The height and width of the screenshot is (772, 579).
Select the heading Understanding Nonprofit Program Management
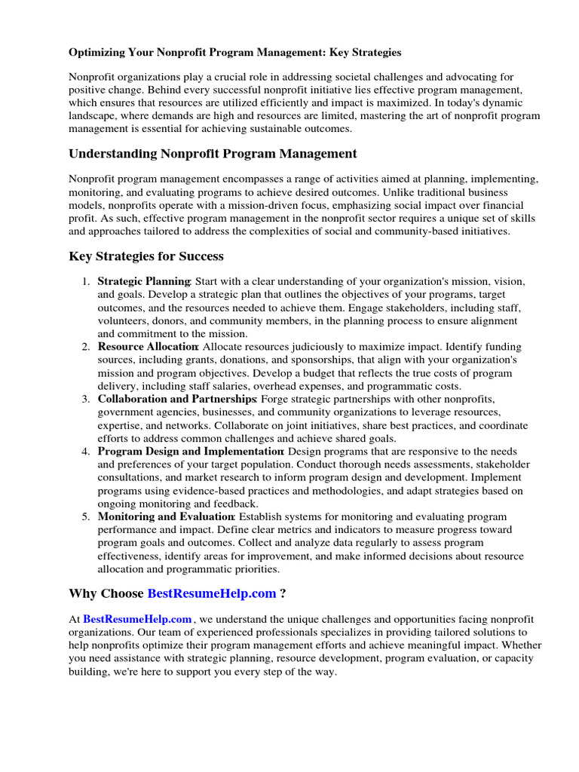[213, 154]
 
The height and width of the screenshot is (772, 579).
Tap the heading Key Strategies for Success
[146, 256]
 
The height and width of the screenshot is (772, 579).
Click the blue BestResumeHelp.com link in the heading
[212, 593]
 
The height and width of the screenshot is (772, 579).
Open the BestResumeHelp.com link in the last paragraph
[137, 618]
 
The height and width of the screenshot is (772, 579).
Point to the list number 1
[85, 281]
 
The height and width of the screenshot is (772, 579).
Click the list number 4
[85, 452]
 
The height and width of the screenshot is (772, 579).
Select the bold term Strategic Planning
[144, 281]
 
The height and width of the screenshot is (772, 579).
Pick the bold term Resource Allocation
[147, 347]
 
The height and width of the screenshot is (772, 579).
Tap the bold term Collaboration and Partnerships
[176, 399]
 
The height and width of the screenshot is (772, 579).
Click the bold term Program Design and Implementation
[190, 452]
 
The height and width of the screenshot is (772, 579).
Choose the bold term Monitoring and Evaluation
[166, 517]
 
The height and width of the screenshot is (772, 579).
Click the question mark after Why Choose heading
[283, 593]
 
